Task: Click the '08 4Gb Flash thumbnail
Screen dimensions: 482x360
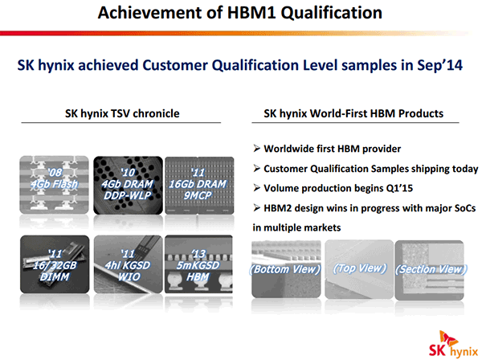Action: pos(54,185)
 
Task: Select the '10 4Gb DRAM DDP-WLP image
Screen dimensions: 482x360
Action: pos(128,185)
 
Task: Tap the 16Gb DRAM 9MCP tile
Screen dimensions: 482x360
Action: pos(199,185)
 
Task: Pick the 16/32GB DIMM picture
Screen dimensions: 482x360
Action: pos(55,264)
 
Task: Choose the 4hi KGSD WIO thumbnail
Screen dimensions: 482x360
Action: pos(129,264)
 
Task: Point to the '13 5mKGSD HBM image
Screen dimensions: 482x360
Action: pos(199,264)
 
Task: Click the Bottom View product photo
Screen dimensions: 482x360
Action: pos(286,269)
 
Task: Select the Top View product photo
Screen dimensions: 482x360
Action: pos(359,269)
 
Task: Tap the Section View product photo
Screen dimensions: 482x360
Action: pos(430,270)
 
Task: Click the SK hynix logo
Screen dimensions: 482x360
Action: pos(454,344)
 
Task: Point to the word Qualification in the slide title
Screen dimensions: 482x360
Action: pos(331,13)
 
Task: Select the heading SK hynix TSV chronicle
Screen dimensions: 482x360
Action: pos(122,113)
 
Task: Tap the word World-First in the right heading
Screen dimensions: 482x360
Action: pos(338,113)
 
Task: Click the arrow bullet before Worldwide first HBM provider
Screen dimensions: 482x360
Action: pos(257,149)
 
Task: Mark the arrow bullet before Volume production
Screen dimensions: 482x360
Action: pos(257,188)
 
